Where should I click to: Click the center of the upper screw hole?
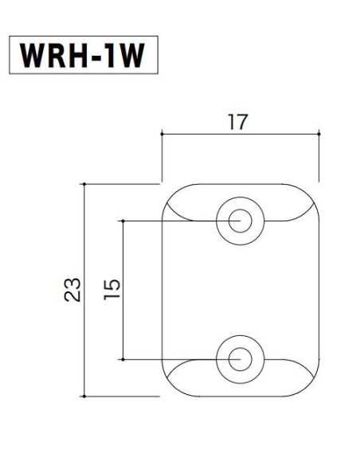(237, 220)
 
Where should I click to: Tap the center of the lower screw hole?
(237, 360)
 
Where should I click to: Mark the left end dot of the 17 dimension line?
(162, 134)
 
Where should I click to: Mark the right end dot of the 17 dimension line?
(319, 134)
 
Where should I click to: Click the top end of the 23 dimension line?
(84, 184)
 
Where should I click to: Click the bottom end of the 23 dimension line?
(84, 396)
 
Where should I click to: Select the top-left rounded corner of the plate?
(170, 193)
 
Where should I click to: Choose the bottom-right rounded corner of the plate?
(311, 386)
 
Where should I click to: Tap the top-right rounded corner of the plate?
(311, 193)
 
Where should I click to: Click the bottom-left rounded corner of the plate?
(170, 386)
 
